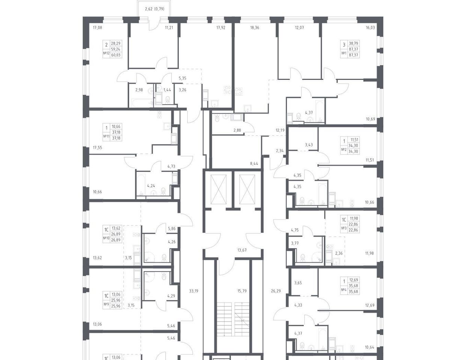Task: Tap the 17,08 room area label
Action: [98, 27]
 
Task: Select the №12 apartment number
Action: [106, 53]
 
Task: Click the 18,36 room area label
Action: [255, 27]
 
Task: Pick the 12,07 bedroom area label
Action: [299, 27]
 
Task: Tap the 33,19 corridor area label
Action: [194, 291]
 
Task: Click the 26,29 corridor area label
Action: [276, 291]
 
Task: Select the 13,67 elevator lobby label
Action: [242, 250]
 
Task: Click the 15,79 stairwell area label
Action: [242, 291]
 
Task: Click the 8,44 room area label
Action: [254, 163]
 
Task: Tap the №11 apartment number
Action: [106, 136]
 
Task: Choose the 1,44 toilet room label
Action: [167, 90]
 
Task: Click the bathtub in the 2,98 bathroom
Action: [141, 103]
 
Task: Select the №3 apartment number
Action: [343, 228]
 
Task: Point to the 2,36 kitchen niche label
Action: [339, 253]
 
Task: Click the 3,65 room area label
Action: [298, 283]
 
